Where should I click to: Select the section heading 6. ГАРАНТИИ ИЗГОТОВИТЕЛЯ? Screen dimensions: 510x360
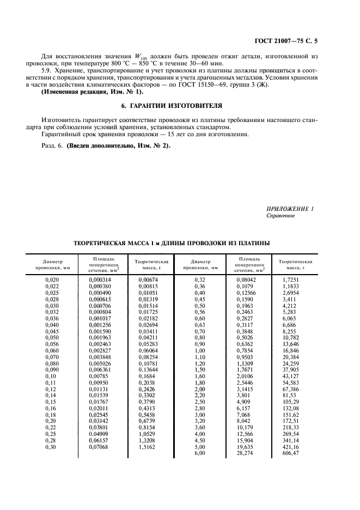point(181,105)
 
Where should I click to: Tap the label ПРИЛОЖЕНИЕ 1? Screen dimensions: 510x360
point(290,209)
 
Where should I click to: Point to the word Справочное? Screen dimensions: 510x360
point(280,216)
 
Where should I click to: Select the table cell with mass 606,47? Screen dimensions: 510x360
point(291,453)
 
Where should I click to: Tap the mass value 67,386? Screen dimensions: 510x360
point(291,390)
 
